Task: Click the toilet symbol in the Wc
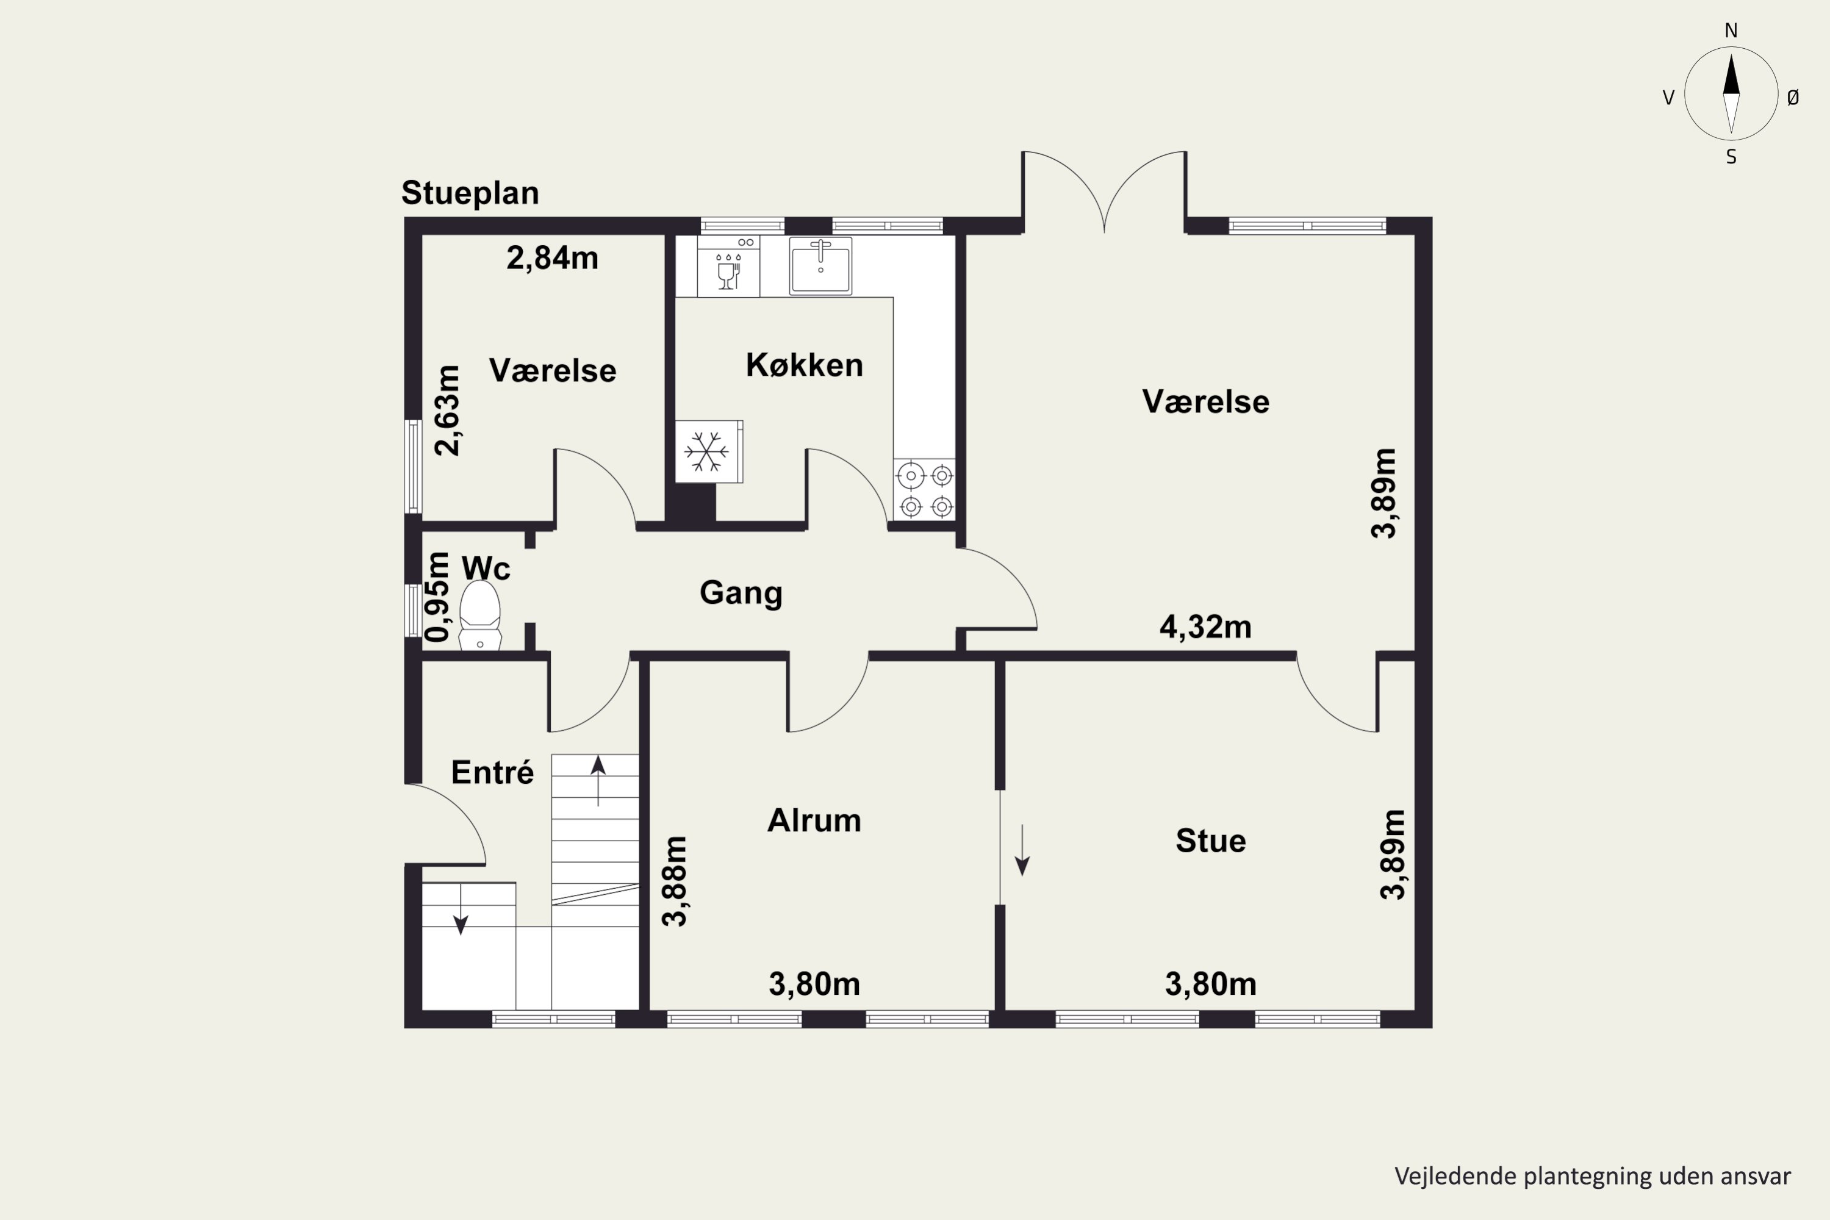[480, 615]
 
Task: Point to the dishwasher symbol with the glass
[728, 266]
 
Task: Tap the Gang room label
[741, 593]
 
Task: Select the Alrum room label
[814, 820]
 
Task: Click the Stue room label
[1211, 841]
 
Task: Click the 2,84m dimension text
[553, 257]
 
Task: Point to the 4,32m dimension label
[1205, 627]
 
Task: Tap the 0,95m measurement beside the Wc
[438, 597]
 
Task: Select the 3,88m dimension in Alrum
[675, 881]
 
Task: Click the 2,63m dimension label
[447, 410]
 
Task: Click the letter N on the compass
[1731, 30]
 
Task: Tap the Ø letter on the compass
[1793, 97]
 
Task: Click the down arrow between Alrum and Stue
[1022, 850]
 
